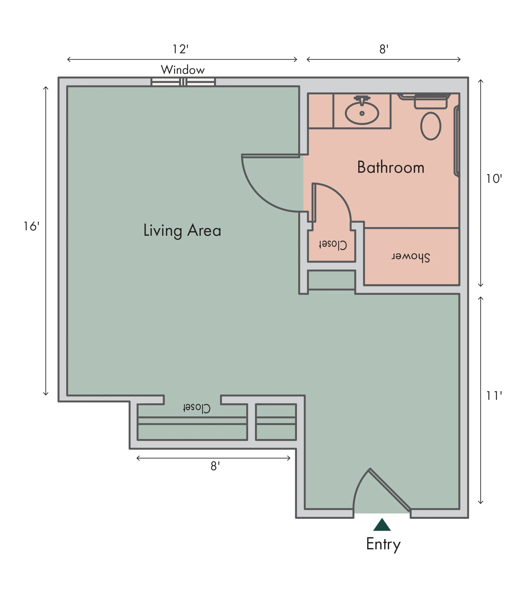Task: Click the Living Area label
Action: pos(182,230)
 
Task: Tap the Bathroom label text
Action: pos(391,167)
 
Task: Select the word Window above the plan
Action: pos(183,70)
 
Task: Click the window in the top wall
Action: pos(183,82)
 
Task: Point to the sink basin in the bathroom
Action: pos(362,113)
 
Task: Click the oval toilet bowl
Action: pos(430,126)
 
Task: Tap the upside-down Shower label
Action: pos(411,257)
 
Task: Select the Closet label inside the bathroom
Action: pos(333,245)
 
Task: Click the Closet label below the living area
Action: pos(196,408)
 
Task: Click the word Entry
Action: pos(383,544)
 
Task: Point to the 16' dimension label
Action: pos(31,226)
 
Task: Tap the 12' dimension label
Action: pos(180,49)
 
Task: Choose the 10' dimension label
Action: pos(494,178)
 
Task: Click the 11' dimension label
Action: pos(494,396)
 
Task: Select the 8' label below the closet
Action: pos(215,466)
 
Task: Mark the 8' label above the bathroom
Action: pos(384,49)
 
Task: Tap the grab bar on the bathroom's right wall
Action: pos(456,141)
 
